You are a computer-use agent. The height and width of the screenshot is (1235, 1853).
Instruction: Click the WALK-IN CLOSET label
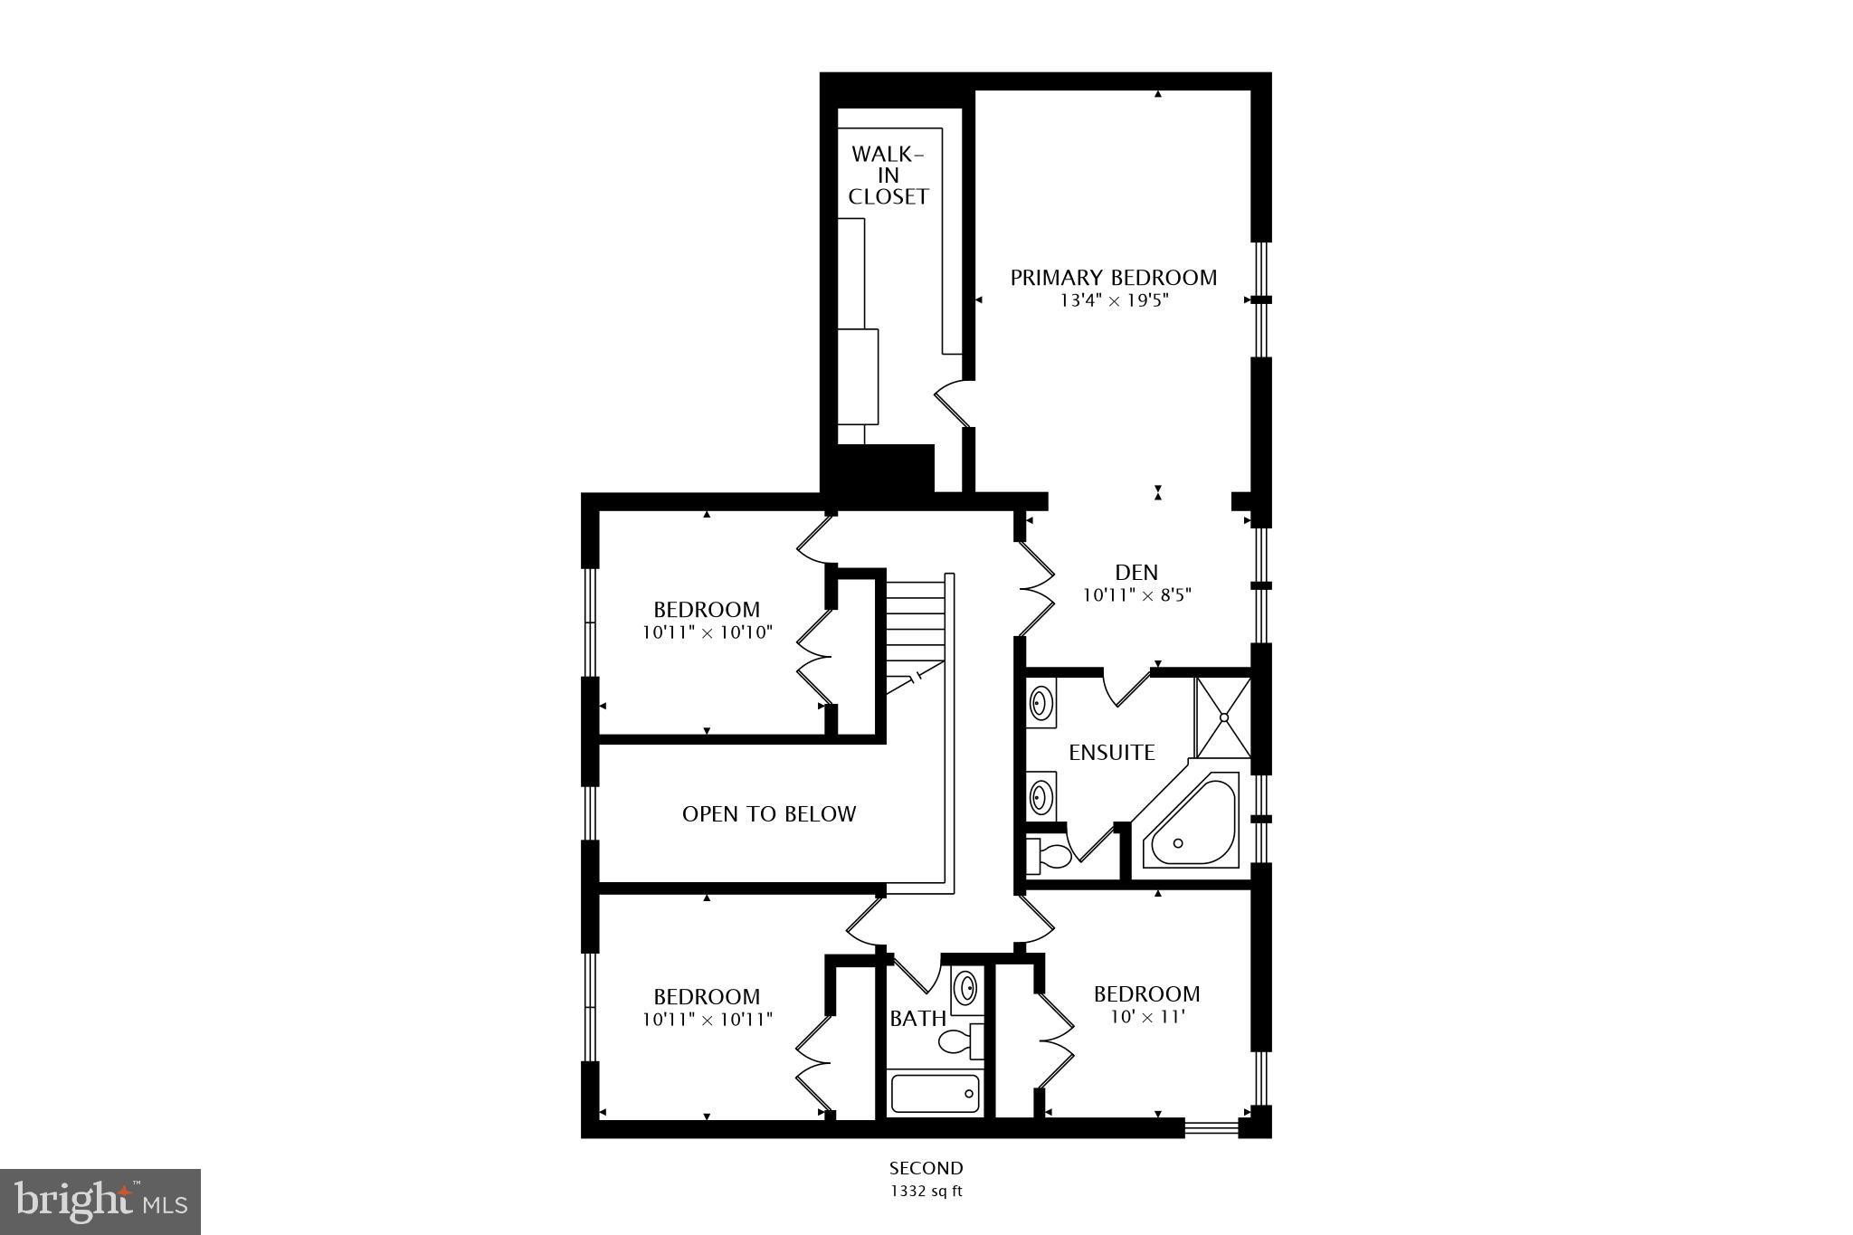click(x=888, y=176)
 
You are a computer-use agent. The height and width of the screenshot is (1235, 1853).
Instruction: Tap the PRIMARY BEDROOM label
click(x=1113, y=278)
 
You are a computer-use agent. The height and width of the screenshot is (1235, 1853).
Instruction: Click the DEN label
click(x=1136, y=572)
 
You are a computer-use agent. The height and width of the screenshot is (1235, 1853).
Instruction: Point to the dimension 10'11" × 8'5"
click(x=1136, y=595)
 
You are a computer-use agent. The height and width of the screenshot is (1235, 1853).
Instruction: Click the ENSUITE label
click(x=1111, y=753)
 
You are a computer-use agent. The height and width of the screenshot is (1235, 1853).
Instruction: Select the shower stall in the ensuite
click(x=1223, y=717)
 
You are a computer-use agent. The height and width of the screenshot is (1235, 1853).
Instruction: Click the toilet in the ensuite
click(x=1044, y=855)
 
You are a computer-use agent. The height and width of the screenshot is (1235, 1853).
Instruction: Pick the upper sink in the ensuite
click(x=1041, y=701)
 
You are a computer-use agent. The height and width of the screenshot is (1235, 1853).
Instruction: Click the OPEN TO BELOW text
click(x=768, y=814)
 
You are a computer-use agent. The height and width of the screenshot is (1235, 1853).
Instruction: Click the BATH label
click(x=917, y=1019)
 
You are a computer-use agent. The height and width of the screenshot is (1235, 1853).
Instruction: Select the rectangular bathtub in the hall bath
click(x=935, y=1093)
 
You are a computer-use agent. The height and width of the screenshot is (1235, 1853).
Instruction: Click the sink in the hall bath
click(x=965, y=986)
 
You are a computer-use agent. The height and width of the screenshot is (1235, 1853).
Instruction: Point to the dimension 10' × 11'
click(x=1147, y=1017)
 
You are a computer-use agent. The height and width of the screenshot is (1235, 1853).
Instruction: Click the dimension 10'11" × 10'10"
click(x=707, y=632)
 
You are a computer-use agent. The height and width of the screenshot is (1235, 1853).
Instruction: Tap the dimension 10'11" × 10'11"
click(x=707, y=1020)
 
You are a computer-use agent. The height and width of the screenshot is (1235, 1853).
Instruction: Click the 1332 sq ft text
click(x=926, y=1191)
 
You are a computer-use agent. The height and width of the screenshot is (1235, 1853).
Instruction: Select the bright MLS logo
click(x=100, y=1202)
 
